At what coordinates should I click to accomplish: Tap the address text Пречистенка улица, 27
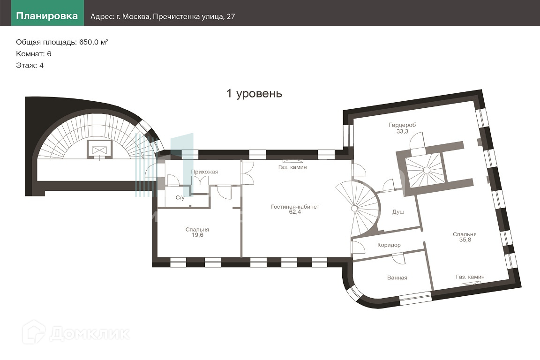[x=194, y=16]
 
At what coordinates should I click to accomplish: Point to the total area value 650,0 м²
[x=94, y=42]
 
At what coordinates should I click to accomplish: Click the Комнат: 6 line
[x=34, y=54]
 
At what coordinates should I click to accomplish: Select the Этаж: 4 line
[x=30, y=66]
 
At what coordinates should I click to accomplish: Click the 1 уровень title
[x=254, y=93]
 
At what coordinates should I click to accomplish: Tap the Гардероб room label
[x=402, y=125]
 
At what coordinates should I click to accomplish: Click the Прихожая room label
[x=204, y=172]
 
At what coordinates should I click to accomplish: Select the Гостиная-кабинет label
[x=295, y=207]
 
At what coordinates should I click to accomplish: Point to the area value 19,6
[x=197, y=235]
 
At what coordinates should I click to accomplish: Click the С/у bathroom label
[x=180, y=198]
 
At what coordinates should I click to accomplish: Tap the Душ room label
[x=398, y=212]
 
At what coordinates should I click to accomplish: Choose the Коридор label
[x=389, y=245]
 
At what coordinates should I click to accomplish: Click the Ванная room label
[x=397, y=277]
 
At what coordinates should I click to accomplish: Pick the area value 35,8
[x=465, y=240]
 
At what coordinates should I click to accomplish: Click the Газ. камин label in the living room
[x=292, y=167]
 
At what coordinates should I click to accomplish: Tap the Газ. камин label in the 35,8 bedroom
[x=470, y=277]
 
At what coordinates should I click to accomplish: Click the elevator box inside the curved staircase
[x=99, y=150]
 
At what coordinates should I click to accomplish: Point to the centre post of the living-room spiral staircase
[x=354, y=209]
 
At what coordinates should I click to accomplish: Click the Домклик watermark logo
[x=76, y=333]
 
